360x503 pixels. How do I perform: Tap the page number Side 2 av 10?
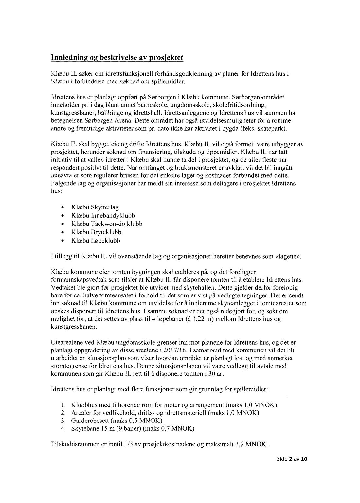coord(290,458)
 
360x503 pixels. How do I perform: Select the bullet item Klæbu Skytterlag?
coord(95,207)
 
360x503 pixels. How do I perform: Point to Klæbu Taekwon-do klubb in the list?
coord(106,224)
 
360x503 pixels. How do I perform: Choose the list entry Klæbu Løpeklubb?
coord(96,241)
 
